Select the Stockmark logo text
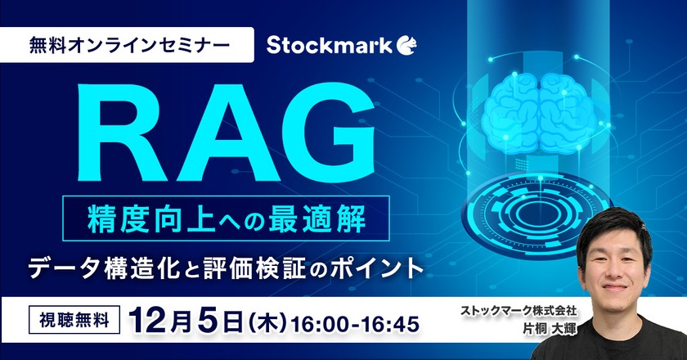point(331,43)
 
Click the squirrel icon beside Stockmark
point(406,43)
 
